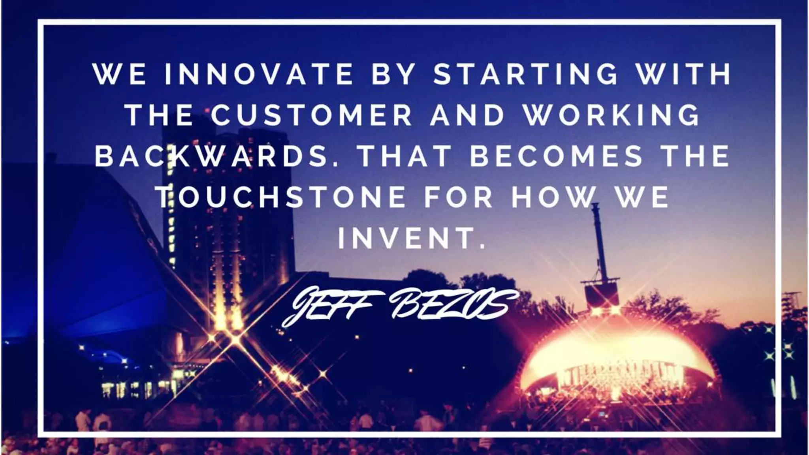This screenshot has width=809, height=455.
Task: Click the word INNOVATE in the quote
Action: [258, 74]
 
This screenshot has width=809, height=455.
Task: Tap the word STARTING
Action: [525, 74]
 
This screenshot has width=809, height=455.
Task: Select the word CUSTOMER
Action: [311, 115]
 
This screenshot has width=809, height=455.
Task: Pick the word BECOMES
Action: [556, 156]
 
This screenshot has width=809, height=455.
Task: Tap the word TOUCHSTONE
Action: [282, 196]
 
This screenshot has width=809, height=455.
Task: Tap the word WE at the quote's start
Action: [119, 74]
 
